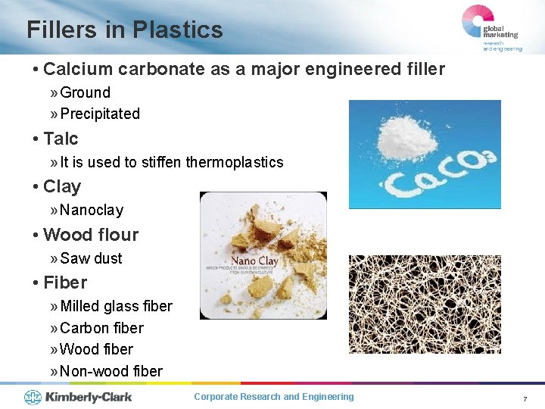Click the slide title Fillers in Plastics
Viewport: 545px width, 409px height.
tap(125, 30)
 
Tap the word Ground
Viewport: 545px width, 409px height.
tap(85, 92)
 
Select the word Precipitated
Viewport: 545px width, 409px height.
tap(99, 114)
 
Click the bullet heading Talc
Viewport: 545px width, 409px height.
tap(61, 139)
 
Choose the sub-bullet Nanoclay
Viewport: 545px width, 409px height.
tap(91, 210)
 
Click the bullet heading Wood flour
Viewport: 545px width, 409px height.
tap(91, 235)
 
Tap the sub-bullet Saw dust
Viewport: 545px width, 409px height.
tap(91, 258)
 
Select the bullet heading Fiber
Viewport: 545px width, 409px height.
tap(65, 283)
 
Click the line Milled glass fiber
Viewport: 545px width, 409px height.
tap(116, 306)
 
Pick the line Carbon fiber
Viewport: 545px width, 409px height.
tap(101, 328)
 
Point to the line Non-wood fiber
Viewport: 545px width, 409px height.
tap(111, 371)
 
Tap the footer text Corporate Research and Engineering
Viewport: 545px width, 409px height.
tap(273, 397)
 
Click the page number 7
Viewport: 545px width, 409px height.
tap(524, 398)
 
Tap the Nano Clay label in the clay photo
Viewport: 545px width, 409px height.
tap(254, 261)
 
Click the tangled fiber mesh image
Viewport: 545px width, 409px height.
tap(424, 304)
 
